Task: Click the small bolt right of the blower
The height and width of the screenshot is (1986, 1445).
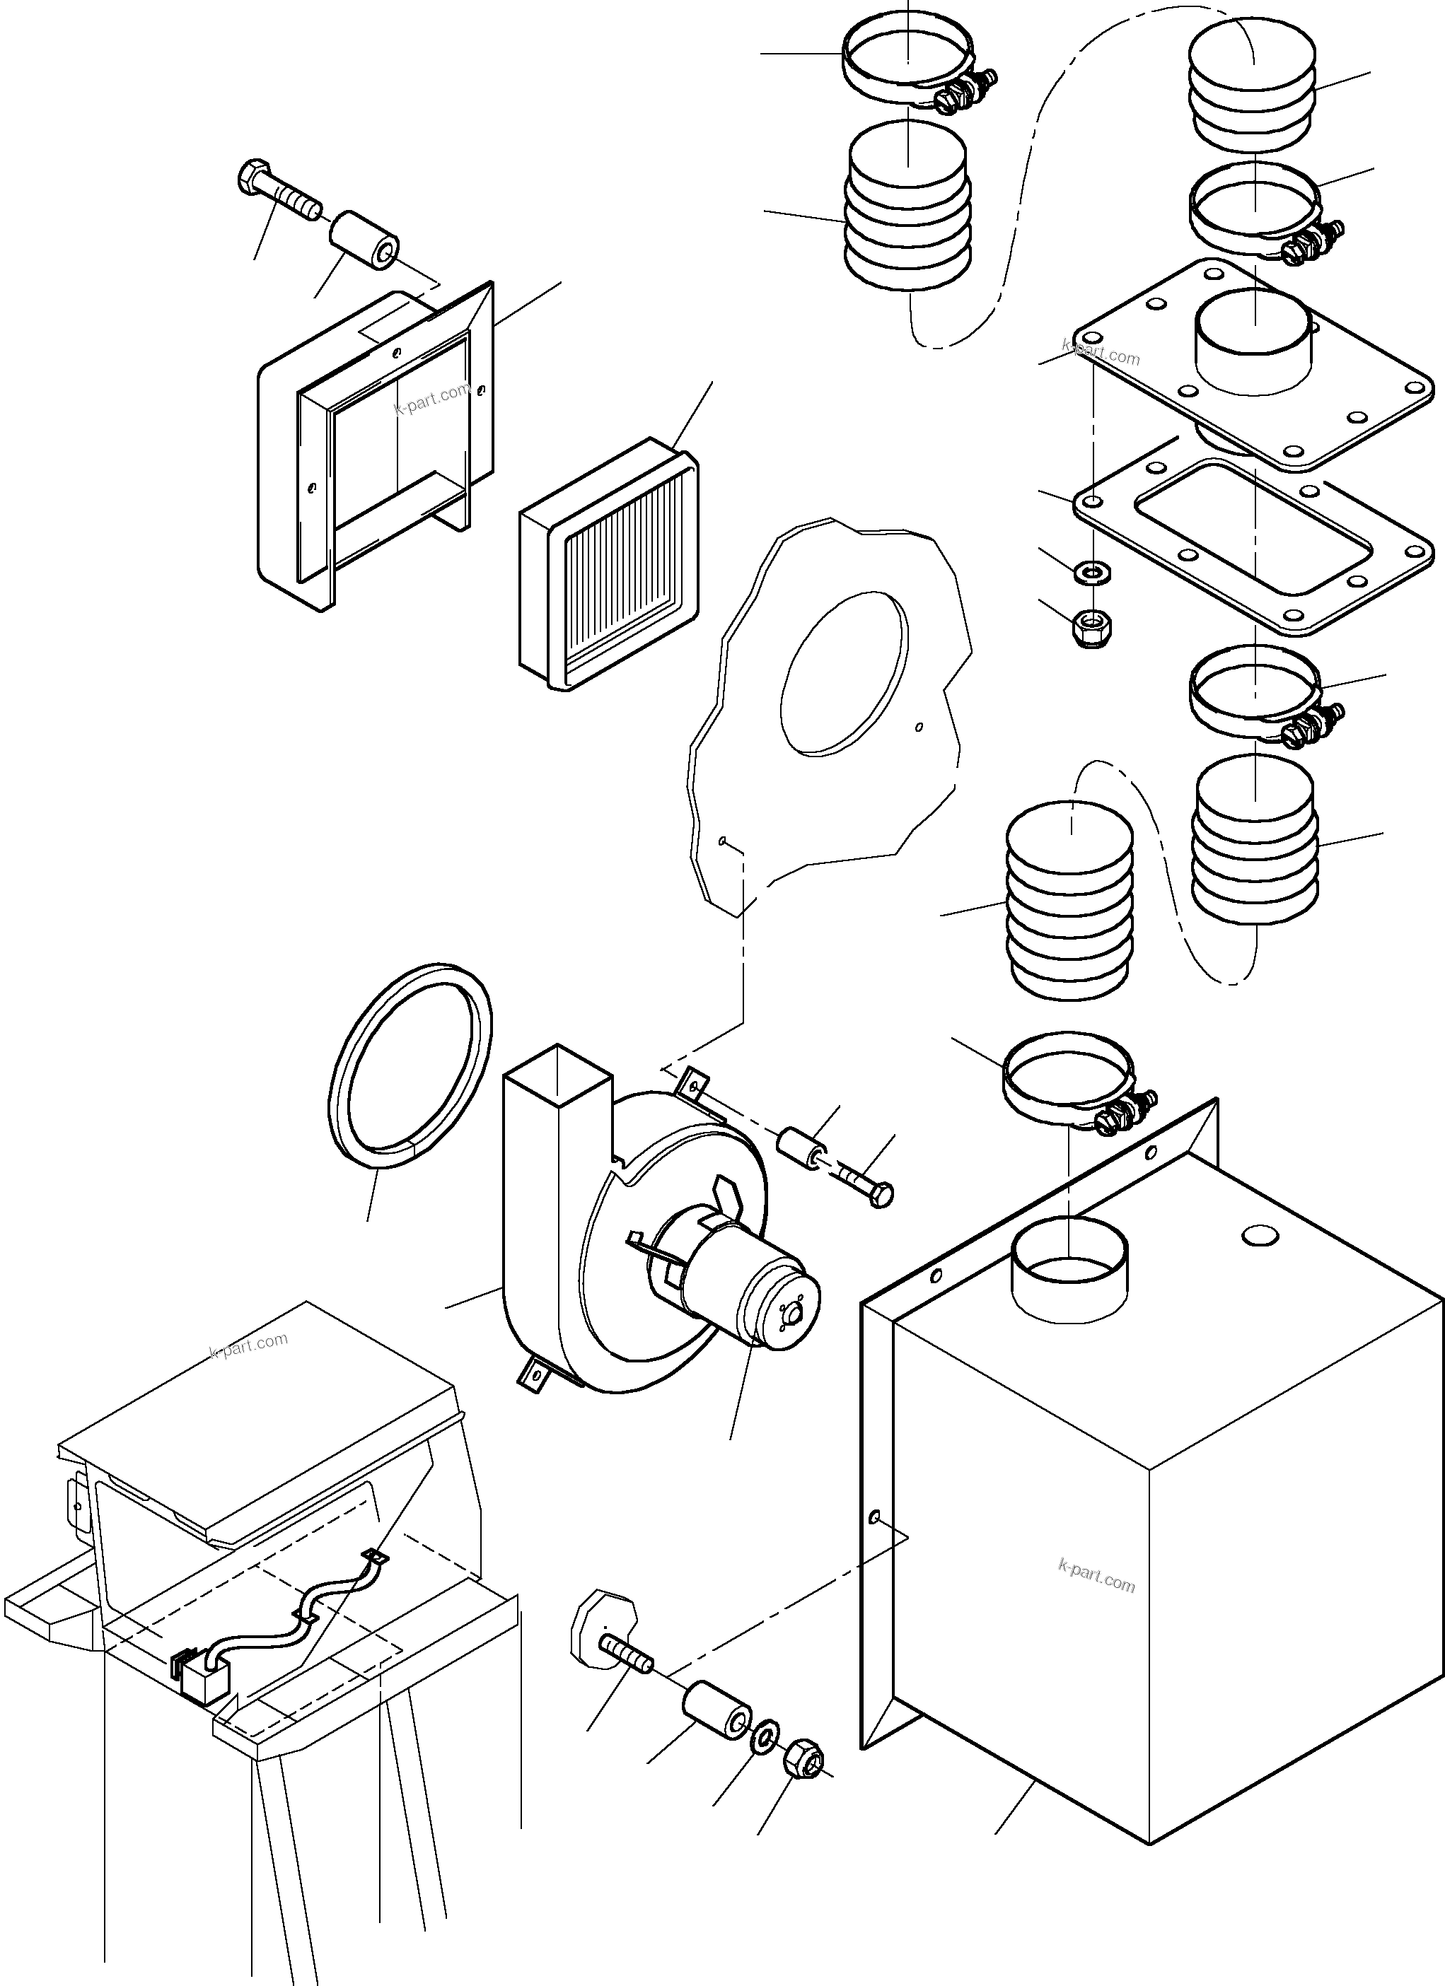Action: [x=866, y=1183]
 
